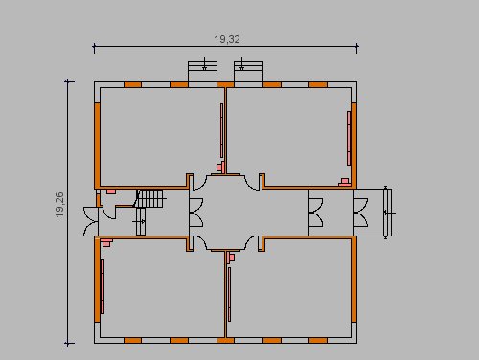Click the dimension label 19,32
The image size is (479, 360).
[x=227, y=39]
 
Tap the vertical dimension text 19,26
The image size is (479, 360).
[x=59, y=205]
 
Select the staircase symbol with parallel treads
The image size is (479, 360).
[x=150, y=198]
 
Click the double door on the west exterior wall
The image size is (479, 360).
[x=91, y=221]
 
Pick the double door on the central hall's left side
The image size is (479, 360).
[x=196, y=213]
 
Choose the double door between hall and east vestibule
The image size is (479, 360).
[x=316, y=213]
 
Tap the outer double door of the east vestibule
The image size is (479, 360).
[x=360, y=213]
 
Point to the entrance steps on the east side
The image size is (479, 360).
[x=387, y=213]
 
